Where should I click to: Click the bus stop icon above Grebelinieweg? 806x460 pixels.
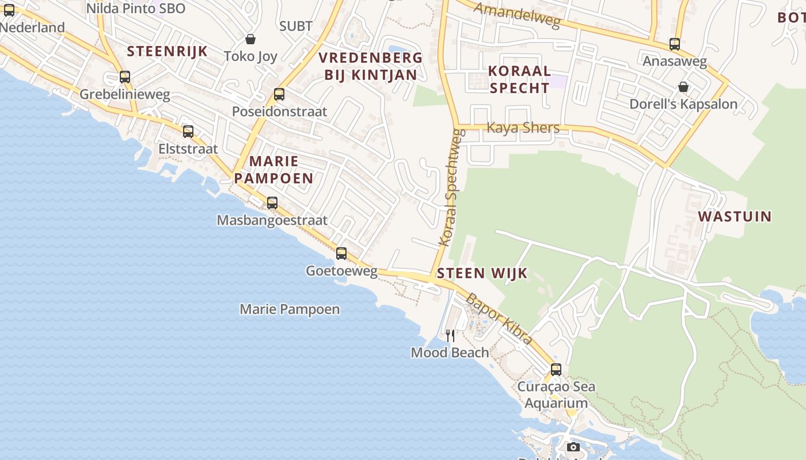click(125, 77)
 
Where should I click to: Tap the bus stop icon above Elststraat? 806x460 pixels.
click(188, 132)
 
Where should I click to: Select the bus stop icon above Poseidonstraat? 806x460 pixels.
click(279, 94)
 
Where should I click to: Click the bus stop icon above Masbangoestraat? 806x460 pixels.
click(272, 203)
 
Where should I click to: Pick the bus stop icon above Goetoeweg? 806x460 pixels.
click(341, 254)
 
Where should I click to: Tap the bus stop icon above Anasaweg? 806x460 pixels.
click(675, 44)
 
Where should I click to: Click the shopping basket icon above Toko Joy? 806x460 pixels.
click(250, 39)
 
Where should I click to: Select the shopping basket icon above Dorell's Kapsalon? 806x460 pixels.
click(683, 87)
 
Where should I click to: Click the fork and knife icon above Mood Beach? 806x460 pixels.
click(450, 335)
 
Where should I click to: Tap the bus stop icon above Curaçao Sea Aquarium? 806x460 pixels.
click(556, 370)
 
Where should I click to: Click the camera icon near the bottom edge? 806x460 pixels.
click(573, 447)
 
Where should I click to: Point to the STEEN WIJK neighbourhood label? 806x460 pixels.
click(482, 273)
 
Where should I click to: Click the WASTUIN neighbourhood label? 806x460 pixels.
click(735, 217)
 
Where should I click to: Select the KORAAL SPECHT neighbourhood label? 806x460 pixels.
click(519, 80)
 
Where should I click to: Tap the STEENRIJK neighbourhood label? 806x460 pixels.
click(167, 51)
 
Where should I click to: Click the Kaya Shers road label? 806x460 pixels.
click(523, 128)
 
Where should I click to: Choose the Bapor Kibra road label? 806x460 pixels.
click(499, 319)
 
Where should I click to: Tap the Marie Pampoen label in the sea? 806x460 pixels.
click(290, 309)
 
